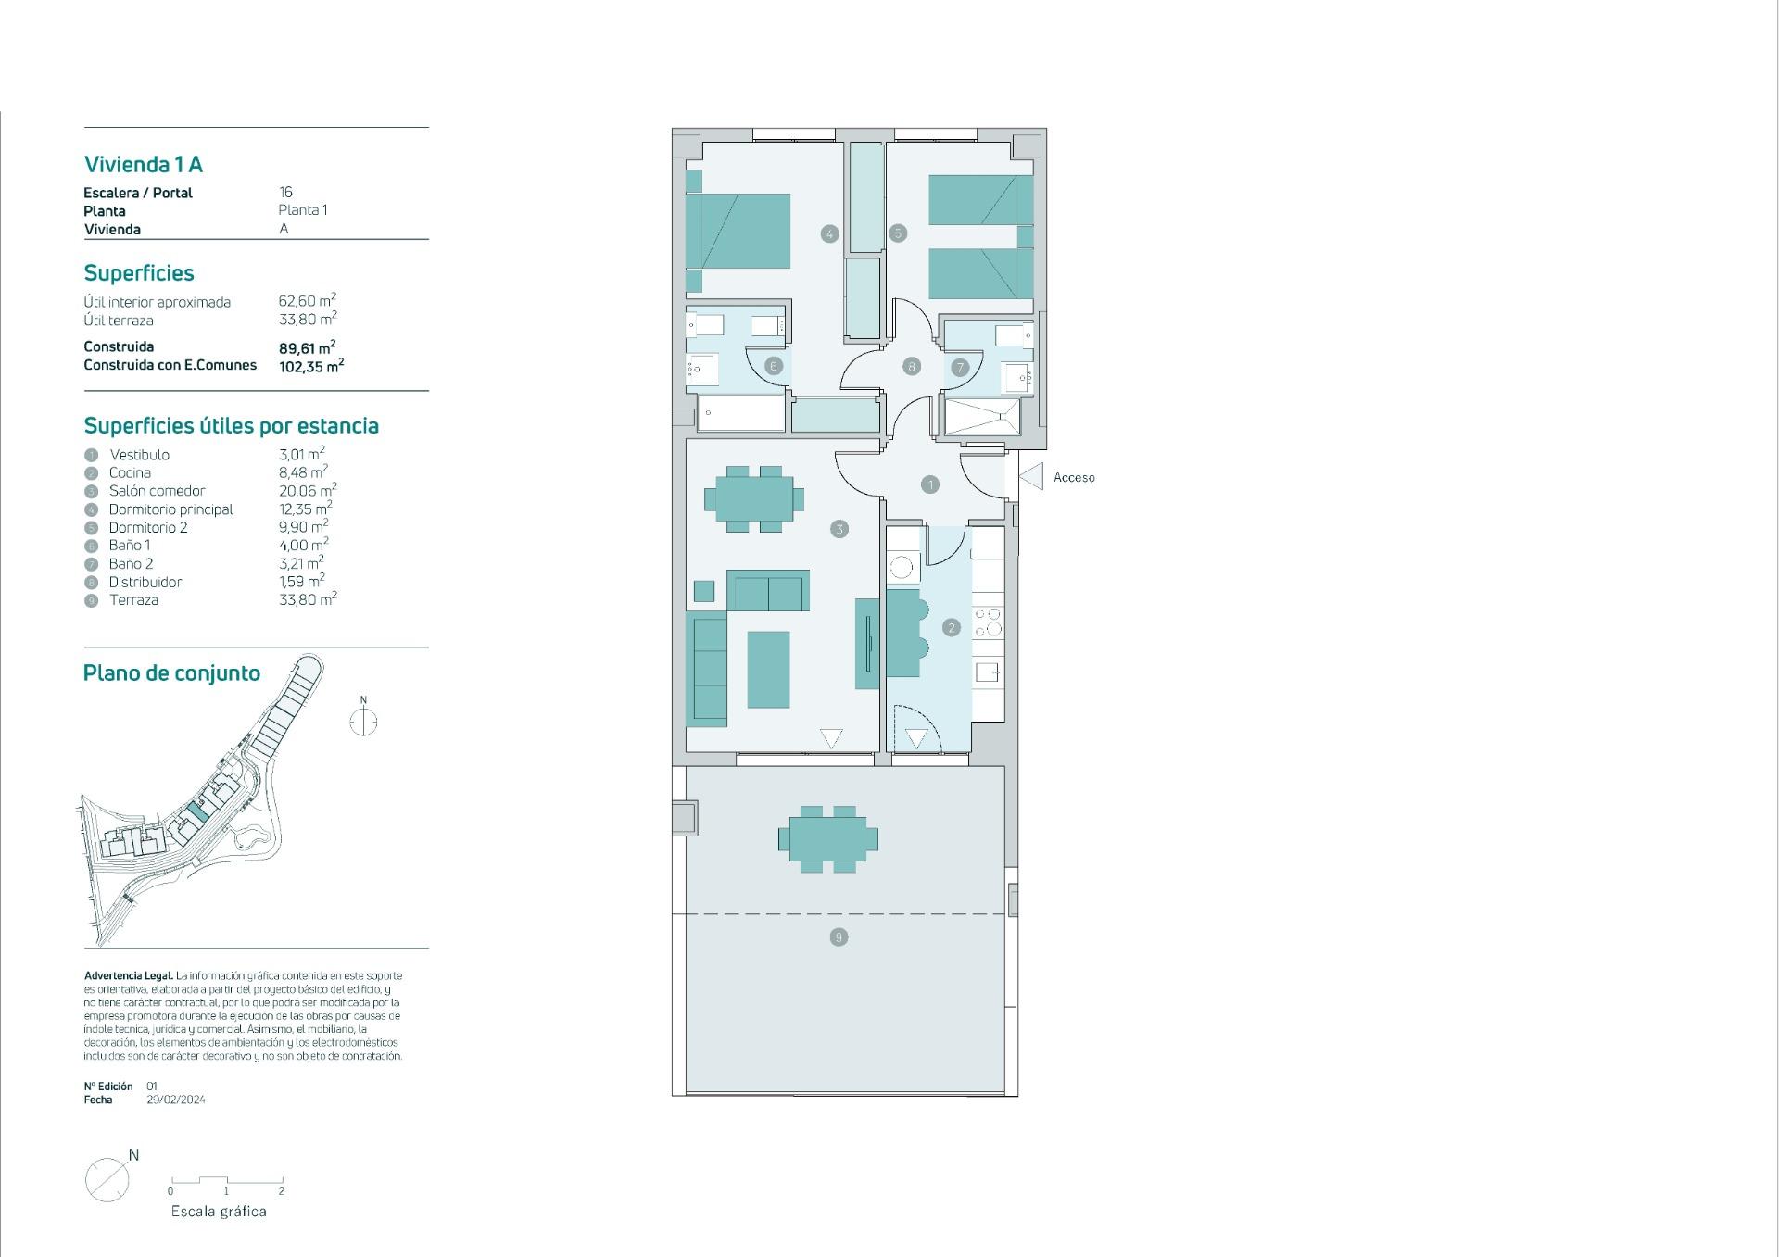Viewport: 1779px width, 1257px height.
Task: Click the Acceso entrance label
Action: click(x=1073, y=478)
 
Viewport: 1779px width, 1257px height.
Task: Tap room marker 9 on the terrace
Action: click(x=839, y=937)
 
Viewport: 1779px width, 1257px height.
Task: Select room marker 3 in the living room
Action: click(x=839, y=529)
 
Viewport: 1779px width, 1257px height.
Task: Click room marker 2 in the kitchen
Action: click(x=951, y=628)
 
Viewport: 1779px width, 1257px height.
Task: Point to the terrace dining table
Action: click(x=827, y=839)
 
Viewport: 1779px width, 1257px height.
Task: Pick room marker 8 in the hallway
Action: click(x=911, y=366)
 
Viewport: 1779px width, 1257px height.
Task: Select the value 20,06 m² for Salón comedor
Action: click(x=308, y=490)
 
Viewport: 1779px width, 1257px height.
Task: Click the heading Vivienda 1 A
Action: click(x=144, y=165)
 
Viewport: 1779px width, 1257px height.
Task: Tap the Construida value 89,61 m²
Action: click(x=307, y=348)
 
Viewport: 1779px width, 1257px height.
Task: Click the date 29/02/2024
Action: click(x=176, y=1100)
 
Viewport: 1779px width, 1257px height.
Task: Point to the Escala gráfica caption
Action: click(x=219, y=1212)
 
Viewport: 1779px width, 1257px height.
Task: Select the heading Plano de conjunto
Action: click(x=171, y=673)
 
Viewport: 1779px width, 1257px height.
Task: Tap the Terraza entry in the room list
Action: click(x=133, y=600)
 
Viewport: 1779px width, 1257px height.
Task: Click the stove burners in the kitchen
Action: click(x=988, y=622)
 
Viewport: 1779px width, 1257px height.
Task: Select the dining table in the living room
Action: click(x=753, y=500)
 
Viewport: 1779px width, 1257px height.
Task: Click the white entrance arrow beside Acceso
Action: click(x=1032, y=476)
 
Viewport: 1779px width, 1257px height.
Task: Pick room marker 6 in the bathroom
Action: click(x=774, y=366)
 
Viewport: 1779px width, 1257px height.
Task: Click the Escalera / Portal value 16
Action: click(x=285, y=193)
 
